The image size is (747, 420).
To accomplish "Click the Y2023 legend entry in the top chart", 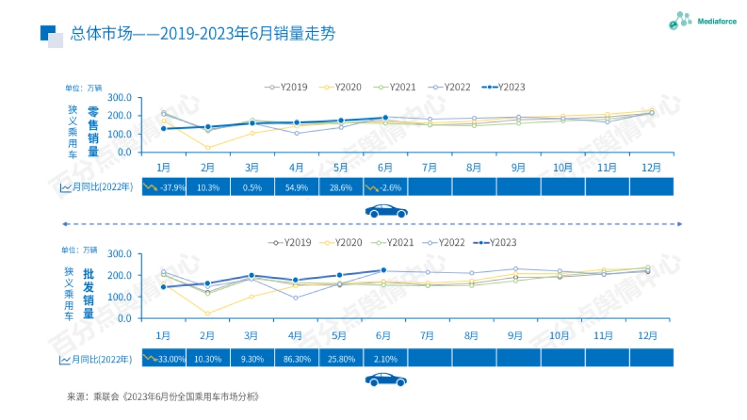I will tap(504, 87).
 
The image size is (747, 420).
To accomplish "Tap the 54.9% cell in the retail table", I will tap(296, 187).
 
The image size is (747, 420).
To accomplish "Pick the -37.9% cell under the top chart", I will tap(165, 187).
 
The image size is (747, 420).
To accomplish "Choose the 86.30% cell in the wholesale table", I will tap(296, 358).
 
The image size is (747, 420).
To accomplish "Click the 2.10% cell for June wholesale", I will tap(385, 358).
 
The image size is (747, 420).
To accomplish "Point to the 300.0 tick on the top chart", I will tap(120, 98).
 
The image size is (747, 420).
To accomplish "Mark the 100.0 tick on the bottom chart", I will tap(120, 297).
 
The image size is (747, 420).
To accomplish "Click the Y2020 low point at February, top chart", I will tap(208, 147).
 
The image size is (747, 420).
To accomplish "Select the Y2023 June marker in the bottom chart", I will tap(383, 270).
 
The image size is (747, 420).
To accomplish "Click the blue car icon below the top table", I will tap(386, 210).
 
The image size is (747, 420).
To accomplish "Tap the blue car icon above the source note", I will tap(386, 380).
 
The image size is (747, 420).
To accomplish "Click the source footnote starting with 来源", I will tap(162, 396).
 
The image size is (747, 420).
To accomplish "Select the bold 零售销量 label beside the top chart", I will tap(93, 131).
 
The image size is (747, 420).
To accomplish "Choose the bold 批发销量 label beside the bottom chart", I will tap(88, 292).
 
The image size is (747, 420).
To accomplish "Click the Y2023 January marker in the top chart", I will tap(164, 128).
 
